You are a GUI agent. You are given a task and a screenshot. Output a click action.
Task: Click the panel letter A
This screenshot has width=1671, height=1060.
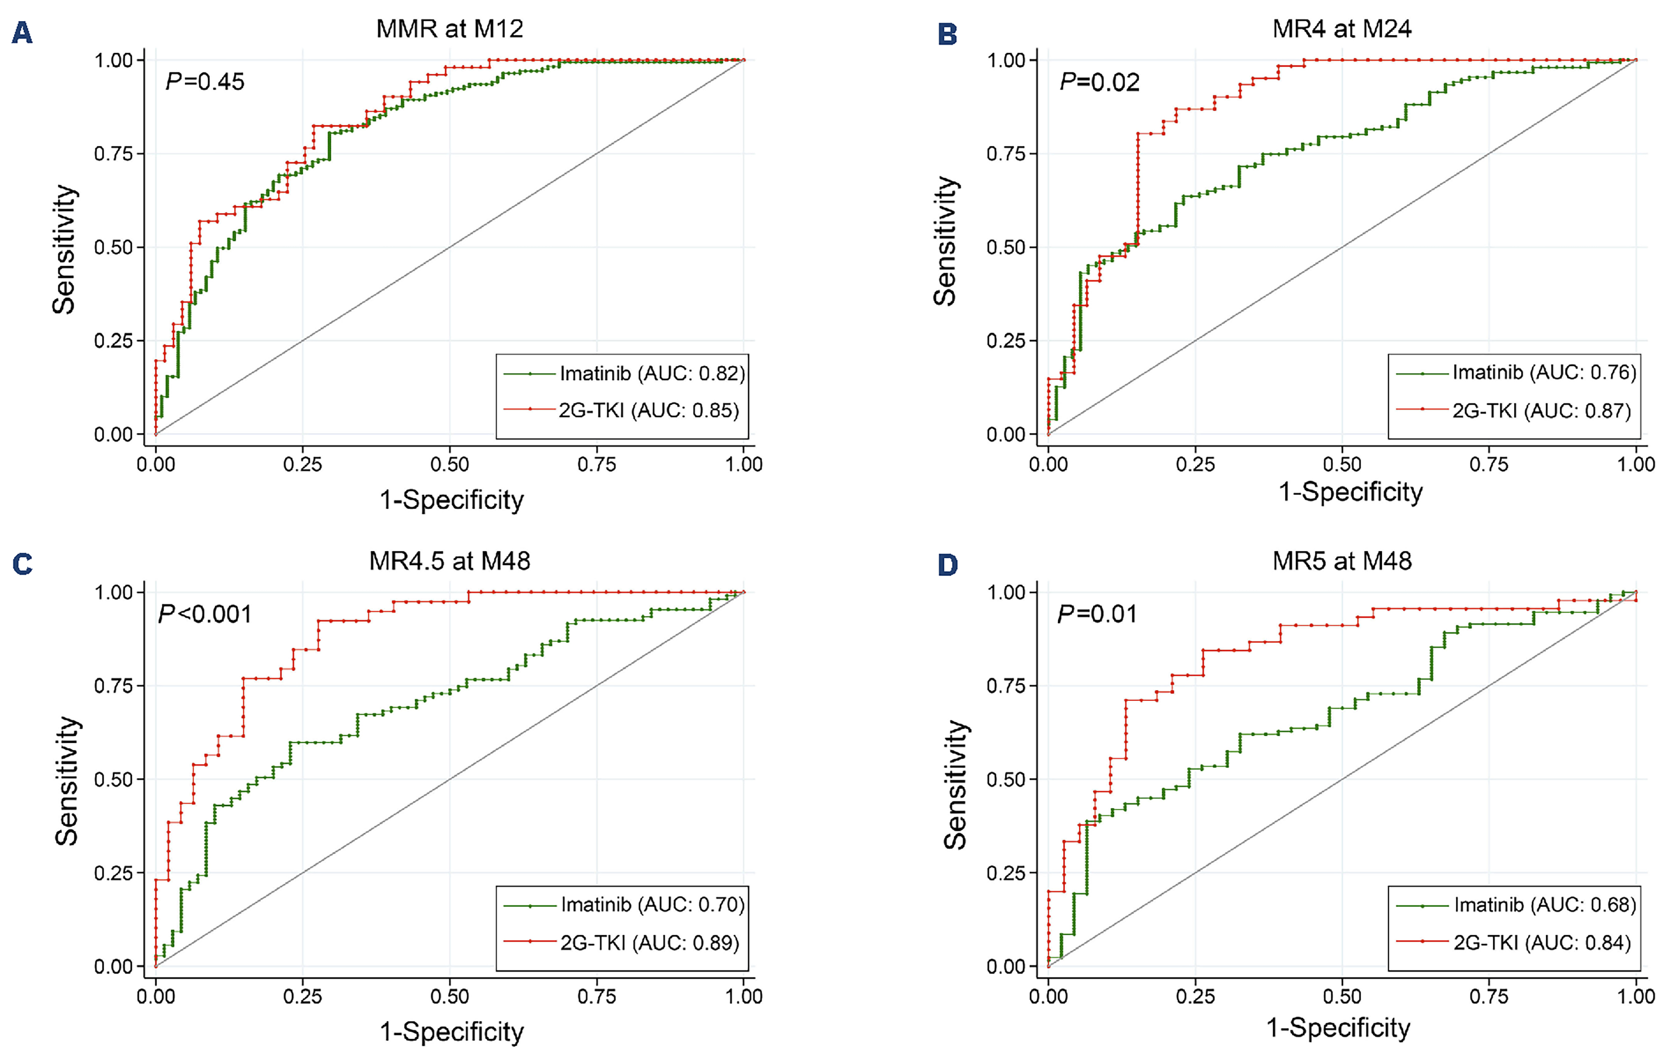tap(22, 33)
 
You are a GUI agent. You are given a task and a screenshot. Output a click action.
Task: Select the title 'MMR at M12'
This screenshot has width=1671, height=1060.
tap(450, 29)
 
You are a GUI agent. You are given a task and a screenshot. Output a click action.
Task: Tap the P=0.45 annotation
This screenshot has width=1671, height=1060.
tap(205, 82)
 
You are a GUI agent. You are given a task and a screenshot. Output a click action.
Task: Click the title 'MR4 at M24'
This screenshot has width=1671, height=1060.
tap(1342, 29)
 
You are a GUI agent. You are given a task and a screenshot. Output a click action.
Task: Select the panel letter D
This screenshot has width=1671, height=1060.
tap(947, 565)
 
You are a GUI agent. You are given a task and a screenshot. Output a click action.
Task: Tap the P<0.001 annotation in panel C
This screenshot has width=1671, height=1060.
tap(205, 614)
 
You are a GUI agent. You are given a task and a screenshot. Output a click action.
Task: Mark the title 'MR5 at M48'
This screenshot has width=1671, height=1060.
tap(1342, 561)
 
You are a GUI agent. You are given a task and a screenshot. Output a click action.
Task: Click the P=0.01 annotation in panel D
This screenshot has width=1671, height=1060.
tap(1097, 614)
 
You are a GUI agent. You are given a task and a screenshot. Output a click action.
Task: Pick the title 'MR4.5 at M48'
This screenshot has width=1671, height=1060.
tap(450, 561)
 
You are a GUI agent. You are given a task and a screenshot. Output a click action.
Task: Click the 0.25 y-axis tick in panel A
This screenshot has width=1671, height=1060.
tap(114, 341)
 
